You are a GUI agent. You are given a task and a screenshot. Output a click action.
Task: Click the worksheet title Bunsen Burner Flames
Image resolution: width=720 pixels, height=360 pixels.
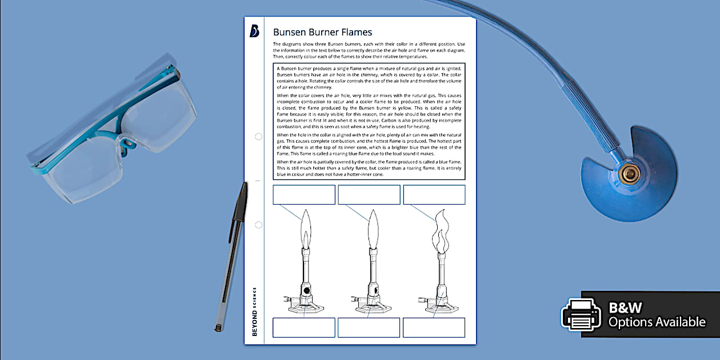click(322, 32)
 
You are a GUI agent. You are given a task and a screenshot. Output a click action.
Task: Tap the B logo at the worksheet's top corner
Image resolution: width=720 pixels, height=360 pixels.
click(254, 31)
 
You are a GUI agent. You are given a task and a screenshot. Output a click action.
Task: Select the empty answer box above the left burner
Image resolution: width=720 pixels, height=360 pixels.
click(304, 194)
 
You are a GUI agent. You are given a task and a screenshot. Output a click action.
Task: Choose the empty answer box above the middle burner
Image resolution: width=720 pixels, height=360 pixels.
click(369, 194)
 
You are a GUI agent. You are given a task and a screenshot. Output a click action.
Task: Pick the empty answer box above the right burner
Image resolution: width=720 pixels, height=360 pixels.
click(434, 194)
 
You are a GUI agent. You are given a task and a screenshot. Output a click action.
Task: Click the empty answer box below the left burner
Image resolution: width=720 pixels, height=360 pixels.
click(303, 327)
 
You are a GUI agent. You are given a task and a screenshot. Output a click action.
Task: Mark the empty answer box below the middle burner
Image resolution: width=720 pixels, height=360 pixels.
click(369, 327)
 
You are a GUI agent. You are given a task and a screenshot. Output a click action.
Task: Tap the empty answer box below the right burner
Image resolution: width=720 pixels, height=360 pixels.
click(434, 327)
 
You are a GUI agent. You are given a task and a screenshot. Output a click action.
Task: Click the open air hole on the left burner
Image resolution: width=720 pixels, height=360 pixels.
click(306, 290)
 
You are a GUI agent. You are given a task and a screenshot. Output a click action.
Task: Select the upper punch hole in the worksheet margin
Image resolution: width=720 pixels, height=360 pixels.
click(258, 137)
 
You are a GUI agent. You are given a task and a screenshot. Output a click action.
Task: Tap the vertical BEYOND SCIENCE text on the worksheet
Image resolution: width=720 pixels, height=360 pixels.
click(254, 311)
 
